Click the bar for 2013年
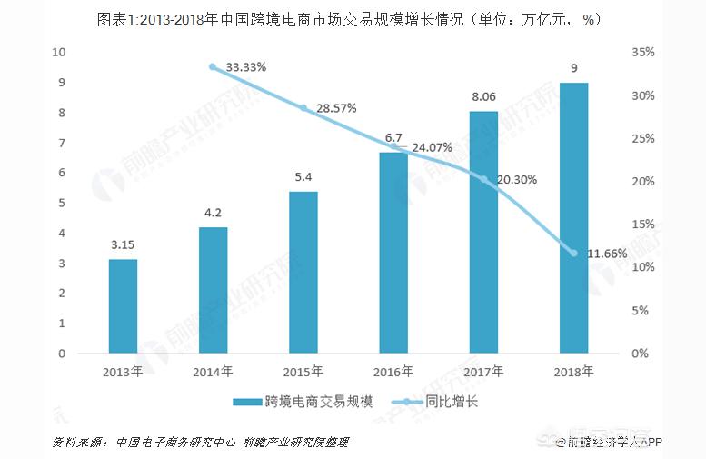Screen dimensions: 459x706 123,306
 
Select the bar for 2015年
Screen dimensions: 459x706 303,272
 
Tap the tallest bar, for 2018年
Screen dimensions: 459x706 573,217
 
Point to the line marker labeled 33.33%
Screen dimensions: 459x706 213,66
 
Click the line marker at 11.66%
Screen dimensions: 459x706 573,253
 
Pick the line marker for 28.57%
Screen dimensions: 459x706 303,107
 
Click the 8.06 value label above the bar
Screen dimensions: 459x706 483,96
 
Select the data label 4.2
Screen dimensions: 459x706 213,213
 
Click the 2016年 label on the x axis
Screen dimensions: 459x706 393,371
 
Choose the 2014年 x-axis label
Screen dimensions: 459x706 213,371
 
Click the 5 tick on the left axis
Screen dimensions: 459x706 62,203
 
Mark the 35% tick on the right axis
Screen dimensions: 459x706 641,52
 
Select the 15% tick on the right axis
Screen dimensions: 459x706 641,224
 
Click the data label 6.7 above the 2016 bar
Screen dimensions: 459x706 393,138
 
